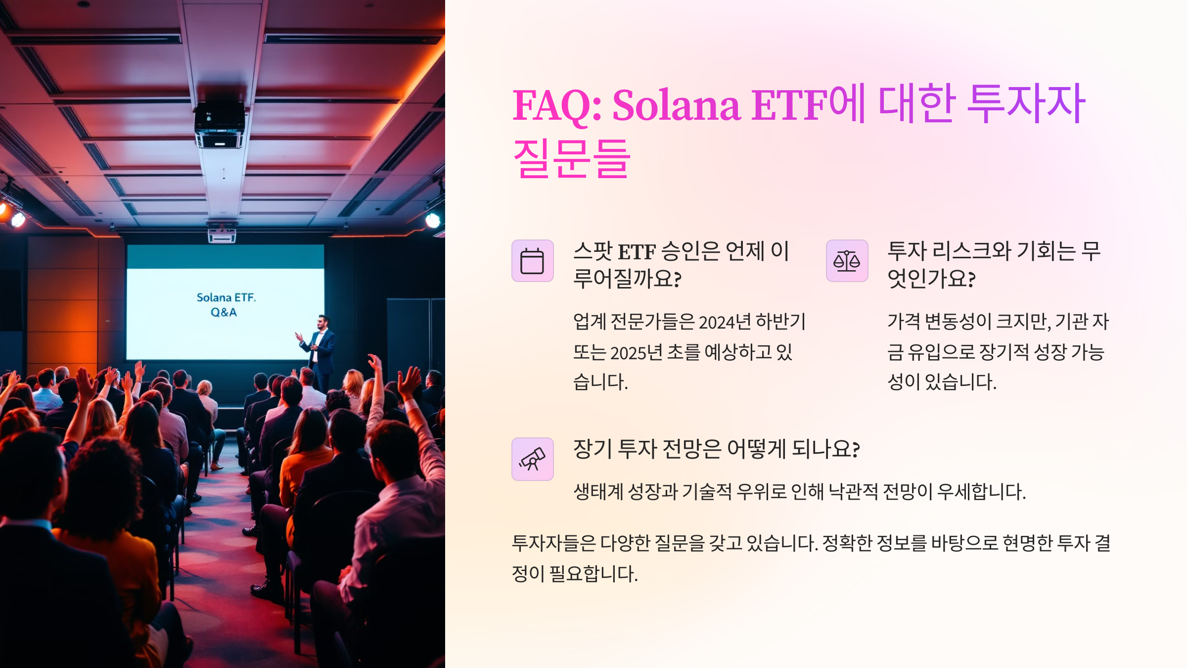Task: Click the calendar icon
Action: (532, 261)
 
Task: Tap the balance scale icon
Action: (847, 261)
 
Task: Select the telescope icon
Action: (532, 459)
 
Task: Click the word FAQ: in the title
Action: (557, 105)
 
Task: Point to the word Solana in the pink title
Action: (676, 105)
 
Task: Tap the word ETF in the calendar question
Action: (637, 252)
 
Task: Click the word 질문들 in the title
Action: (572, 158)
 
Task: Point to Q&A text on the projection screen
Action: (224, 312)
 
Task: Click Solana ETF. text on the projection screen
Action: (226, 297)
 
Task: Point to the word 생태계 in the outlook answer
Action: (598, 492)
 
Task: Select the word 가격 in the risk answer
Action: (904, 322)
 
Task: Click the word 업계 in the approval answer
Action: (590, 322)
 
